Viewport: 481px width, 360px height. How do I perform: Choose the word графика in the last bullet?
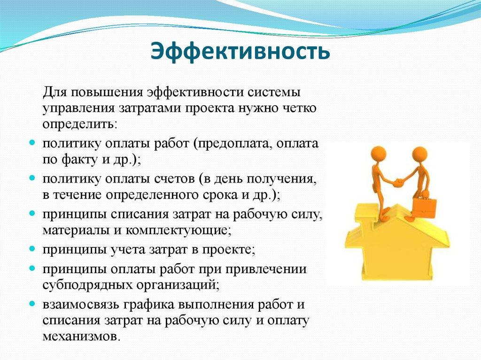149,304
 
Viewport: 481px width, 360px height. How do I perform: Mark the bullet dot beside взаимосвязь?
32,304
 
